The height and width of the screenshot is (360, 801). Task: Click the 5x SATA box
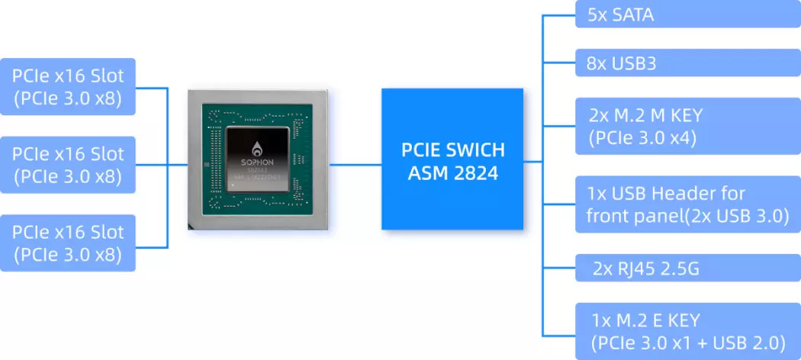(x=687, y=14)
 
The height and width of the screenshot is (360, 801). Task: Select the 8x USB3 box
(x=687, y=63)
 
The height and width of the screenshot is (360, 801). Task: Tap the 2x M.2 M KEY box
(x=687, y=127)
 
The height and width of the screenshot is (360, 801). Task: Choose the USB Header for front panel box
(x=687, y=204)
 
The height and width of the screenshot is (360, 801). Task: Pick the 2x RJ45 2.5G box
(x=687, y=268)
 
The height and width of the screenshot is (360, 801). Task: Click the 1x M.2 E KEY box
(x=687, y=331)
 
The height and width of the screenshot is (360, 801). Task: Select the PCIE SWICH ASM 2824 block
(x=452, y=159)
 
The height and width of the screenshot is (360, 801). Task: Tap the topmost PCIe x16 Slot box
(x=68, y=87)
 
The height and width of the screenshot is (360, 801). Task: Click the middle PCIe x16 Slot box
(x=68, y=165)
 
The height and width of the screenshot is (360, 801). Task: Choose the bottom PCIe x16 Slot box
(x=68, y=243)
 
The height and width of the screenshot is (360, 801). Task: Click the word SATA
(x=633, y=14)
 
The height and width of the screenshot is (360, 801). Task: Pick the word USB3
(x=634, y=63)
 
